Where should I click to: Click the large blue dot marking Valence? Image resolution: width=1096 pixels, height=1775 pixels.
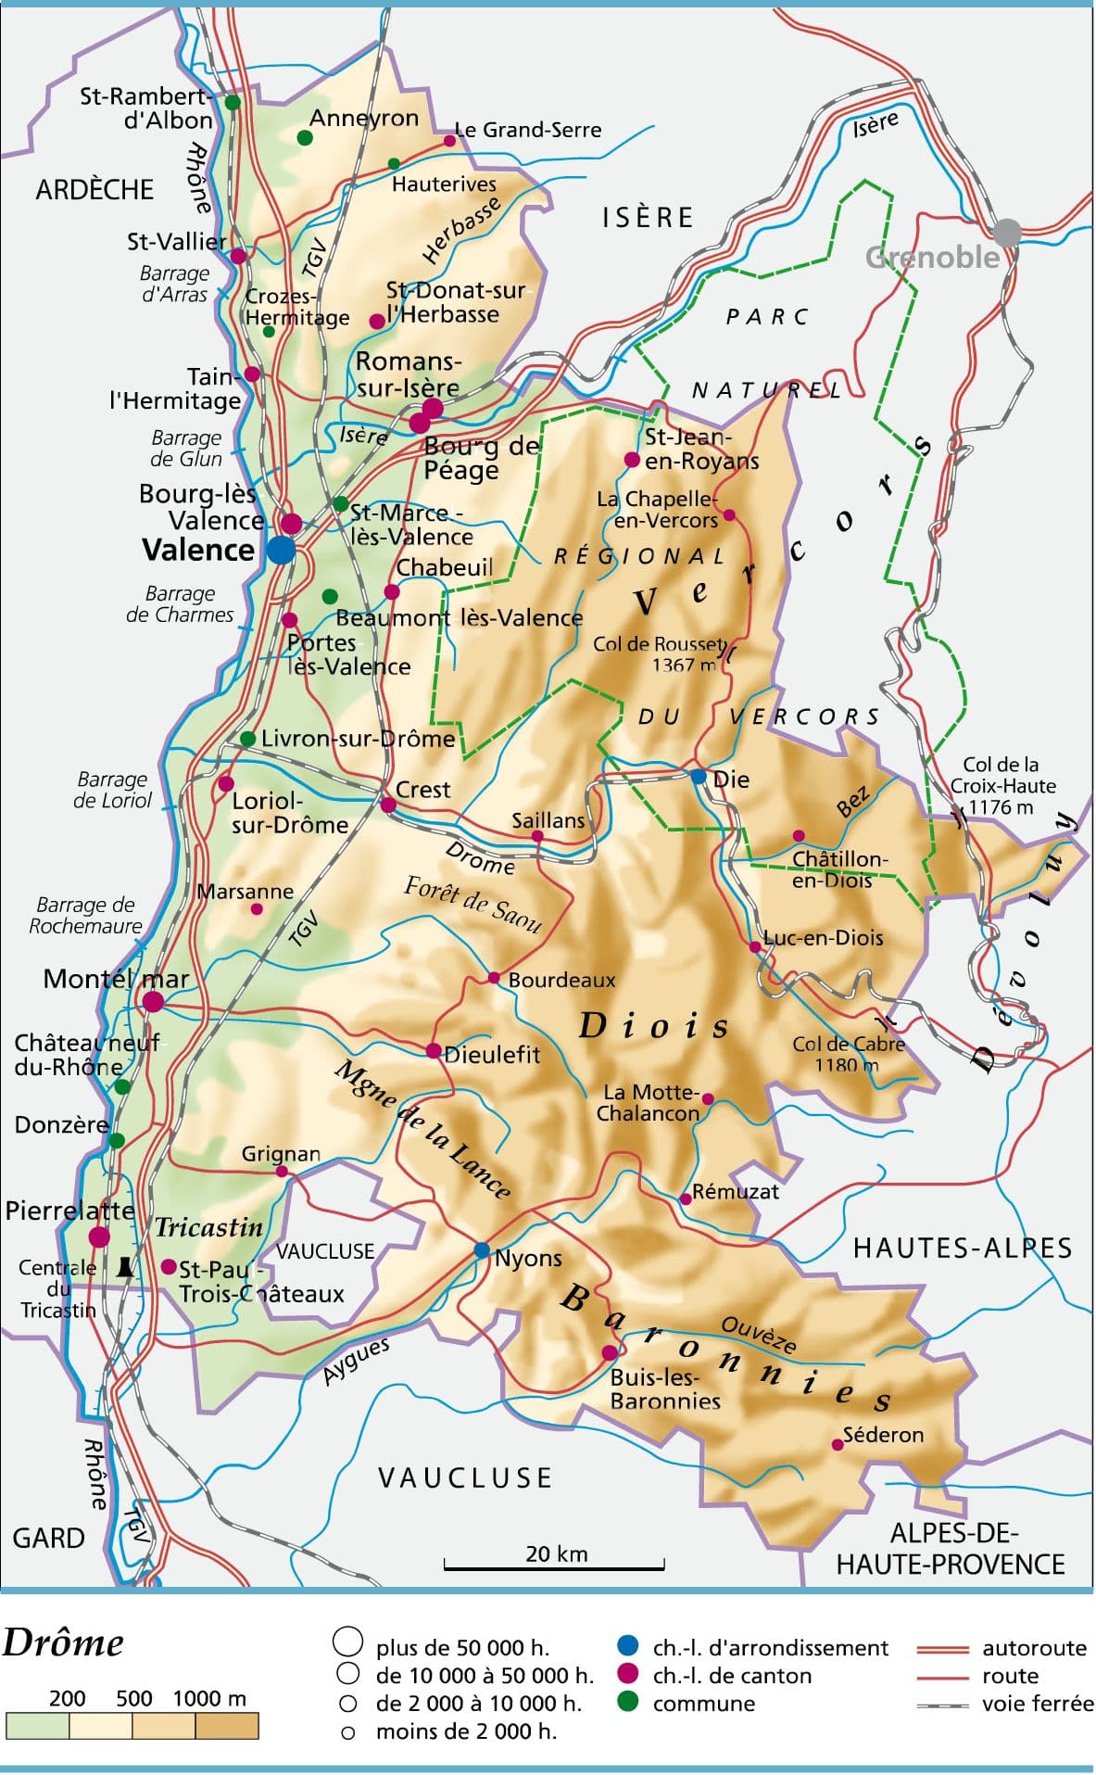[x=281, y=549]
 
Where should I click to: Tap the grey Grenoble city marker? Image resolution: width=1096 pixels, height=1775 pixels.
[x=1006, y=233]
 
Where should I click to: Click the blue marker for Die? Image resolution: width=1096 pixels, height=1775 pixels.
[x=699, y=776]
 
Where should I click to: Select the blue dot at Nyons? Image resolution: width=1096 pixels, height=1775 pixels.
[x=482, y=1250]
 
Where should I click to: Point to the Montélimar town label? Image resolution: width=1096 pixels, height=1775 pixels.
[x=116, y=979]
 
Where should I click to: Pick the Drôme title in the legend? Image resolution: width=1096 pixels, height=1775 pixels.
[x=63, y=1643]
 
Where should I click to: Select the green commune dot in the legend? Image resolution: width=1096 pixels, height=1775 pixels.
[x=627, y=1703]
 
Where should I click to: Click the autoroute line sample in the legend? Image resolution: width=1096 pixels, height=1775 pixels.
[x=941, y=1649]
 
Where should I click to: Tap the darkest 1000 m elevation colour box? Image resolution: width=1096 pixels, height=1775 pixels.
[x=227, y=1726]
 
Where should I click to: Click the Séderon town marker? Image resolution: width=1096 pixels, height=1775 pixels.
[x=838, y=1444]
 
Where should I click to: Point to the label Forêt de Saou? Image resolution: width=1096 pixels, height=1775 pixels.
[x=472, y=904]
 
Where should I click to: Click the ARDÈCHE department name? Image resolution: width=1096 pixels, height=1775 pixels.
[x=94, y=190]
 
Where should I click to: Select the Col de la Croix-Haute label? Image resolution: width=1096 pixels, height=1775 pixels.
[x=1002, y=785]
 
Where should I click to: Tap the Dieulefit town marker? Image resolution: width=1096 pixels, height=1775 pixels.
[x=434, y=1050]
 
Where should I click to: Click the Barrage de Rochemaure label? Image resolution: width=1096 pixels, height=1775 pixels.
[x=85, y=915]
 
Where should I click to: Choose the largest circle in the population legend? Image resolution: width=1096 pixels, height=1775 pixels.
[x=347, y=1642]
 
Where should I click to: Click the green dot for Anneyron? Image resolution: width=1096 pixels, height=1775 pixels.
[x=305, y=138]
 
